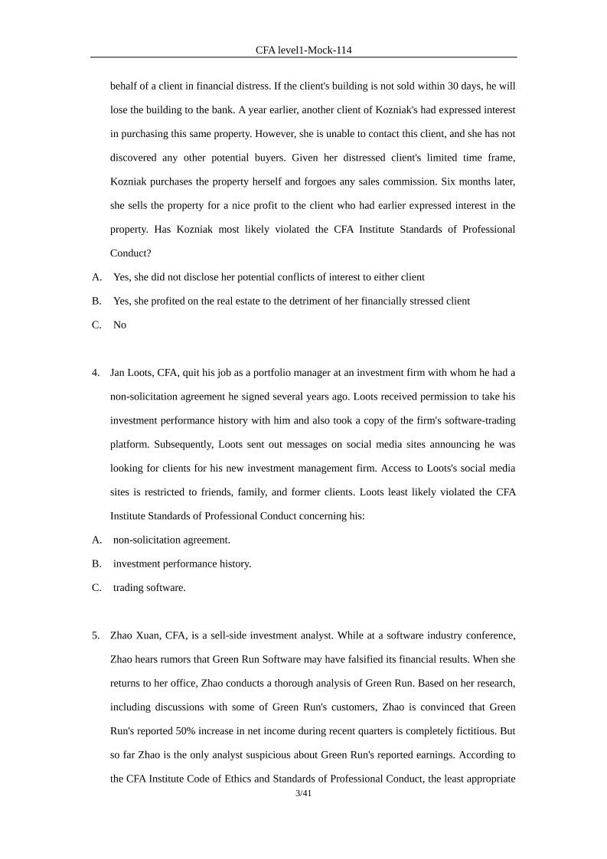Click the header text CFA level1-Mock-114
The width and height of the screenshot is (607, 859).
coord(303,50)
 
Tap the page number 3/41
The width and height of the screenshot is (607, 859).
coord(303,793)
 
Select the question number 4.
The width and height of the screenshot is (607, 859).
coord(96,373)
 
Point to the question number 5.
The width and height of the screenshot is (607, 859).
coord(96,635)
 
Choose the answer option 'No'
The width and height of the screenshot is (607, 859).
coord(119,325)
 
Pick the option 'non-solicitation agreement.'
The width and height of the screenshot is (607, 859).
coord(171,540)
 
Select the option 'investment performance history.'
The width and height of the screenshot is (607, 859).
coord(182,563)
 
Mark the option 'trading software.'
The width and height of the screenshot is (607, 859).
coord(149,587)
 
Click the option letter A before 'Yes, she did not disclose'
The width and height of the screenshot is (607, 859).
coord(96,277)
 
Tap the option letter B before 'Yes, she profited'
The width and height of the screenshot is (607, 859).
coord(96,301)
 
